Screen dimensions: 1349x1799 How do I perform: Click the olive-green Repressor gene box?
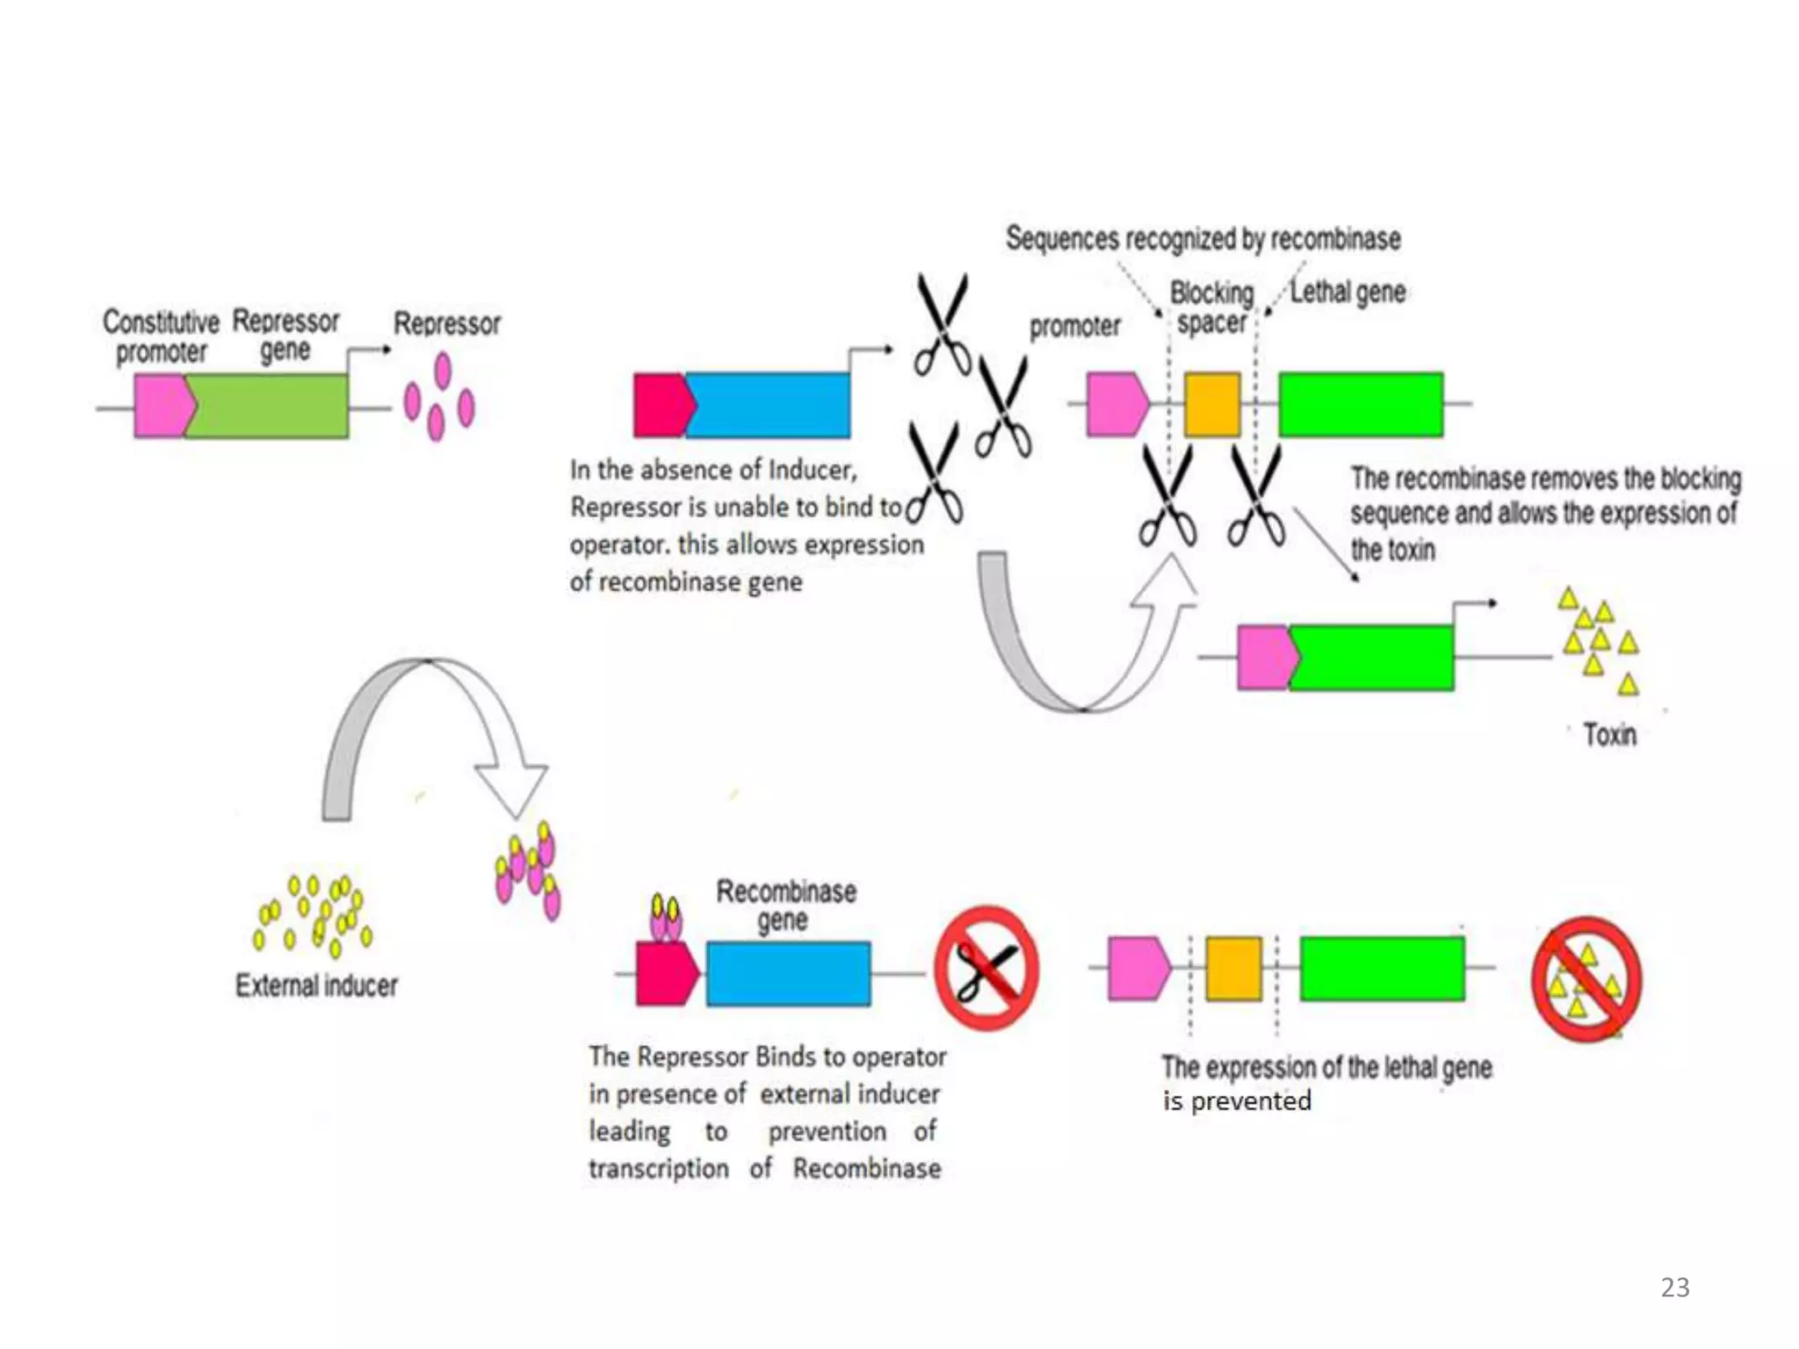pyautogui.click(x=267, y=406)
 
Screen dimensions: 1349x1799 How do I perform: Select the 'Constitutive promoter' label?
pyautogui.click(x=161, y=337)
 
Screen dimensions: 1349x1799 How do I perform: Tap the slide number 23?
pyautogui.click(x=1674, y=1288)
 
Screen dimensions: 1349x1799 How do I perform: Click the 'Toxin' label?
pyautogui.click(x=1609, y=734)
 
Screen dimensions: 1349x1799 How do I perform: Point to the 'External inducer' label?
pyautogui.click(x=316, y=985)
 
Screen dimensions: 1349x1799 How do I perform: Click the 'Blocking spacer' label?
pyautogui.click(x=1211, y=307)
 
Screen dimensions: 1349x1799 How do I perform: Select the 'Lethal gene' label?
pyautogui.click(x=1347, y=292)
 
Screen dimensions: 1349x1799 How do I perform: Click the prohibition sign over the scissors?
pyautogui.click(x=986, y=968)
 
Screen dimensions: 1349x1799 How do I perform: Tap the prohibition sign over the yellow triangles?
pyautogui.click(x=1586, y=979)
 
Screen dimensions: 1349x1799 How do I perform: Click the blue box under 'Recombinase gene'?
pyautogui.click(x=788, y=974)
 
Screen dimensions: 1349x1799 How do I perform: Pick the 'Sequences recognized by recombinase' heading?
pyautogui.click(x=1203, y=239)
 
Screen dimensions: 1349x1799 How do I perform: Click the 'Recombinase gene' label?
pyautogui.click(x=785, y=905)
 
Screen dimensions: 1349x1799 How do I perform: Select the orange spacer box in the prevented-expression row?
pyautogui.click(x=1233, y=968)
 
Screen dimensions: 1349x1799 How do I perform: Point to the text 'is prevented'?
pyautogui.click(x=1237, y=1101)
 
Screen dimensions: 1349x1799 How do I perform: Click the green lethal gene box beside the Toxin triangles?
pyautogui.click(x=1371, y=658)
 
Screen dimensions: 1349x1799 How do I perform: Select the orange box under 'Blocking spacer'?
pyautogui.click(x=1212, y=405)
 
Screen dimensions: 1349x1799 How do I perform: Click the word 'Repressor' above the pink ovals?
pyautogui.click(x=446, y=324)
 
